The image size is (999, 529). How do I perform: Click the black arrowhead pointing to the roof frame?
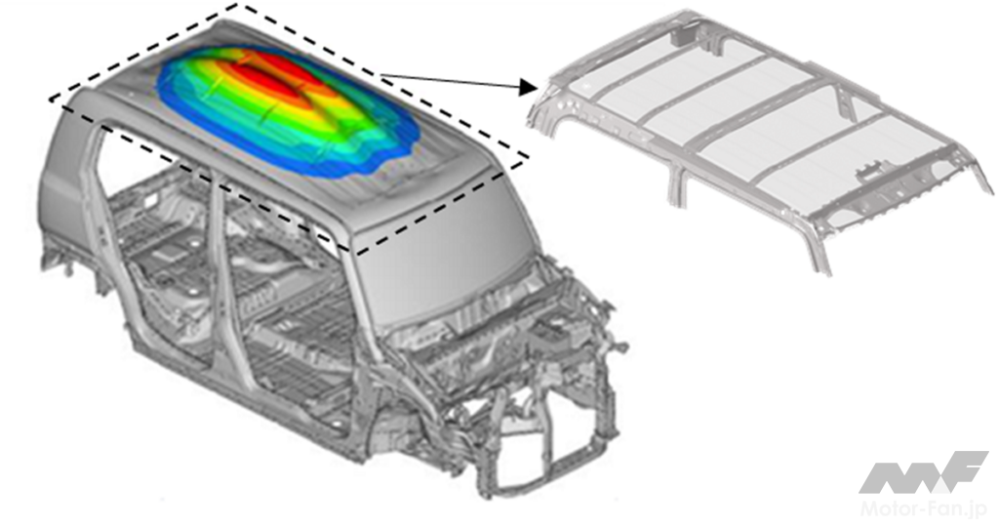point(528,87)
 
